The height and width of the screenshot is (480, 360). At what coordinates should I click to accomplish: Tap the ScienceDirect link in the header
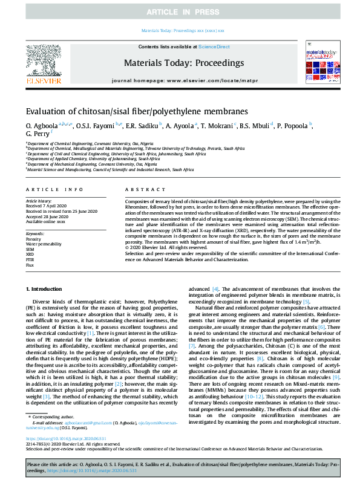215,47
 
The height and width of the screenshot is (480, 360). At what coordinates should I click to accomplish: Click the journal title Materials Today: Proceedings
184,63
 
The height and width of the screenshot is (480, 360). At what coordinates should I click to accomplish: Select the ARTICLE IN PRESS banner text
180,12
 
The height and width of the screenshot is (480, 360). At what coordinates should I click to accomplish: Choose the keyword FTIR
30,259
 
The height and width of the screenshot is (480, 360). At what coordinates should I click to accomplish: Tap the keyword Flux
30,265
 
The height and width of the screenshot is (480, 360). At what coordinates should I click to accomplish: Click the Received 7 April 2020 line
46,204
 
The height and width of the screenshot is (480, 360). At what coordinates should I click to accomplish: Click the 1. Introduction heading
46,290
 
